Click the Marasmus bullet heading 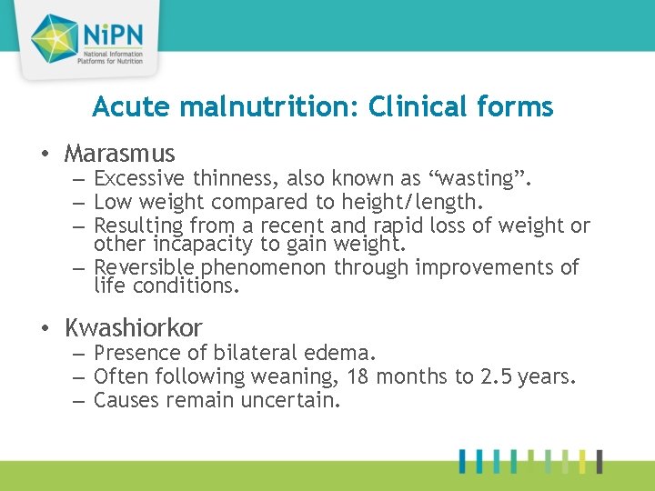(x=120, y=154)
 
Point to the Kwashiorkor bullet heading (x=134, y=327)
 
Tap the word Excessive (x=139, y=179)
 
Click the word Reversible (x=145, y=267)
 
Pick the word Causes (x=126, y=399)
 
